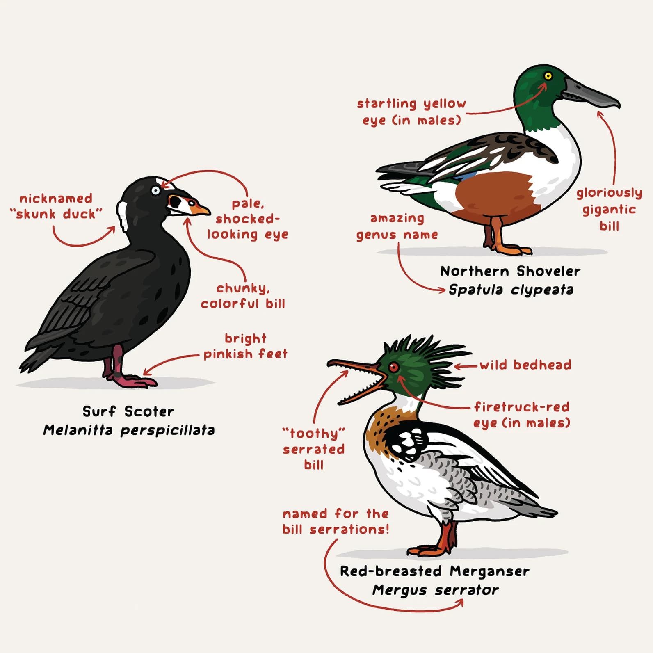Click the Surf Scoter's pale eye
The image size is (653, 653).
pyautogui.click(x=155, y=191)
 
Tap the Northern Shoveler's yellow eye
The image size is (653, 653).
pyautogui.click(x=548, y=76)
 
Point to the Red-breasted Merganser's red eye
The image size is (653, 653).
pyautogui.click(x=393, y=367)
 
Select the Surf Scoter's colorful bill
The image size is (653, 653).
pyautogui.click(x=187, y=205)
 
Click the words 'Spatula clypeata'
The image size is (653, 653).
pyautogui.click(x=511, y=290)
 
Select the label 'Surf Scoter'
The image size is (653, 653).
pyautogui.click(x=128, y=411)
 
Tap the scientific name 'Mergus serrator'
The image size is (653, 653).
pyautogui.click(x=436, y=590)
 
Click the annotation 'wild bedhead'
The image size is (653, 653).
pyautogui.click(x=525, y=365)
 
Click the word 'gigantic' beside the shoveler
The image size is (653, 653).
pyautogui.click(x=610, y=210)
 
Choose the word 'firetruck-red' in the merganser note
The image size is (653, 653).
pyautogui.click(x=522, y=407)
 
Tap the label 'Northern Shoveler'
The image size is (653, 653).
pyautogui.click(x=510, y=271)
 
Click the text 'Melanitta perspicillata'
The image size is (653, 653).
pyautogui.click(x=129, y=430)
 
